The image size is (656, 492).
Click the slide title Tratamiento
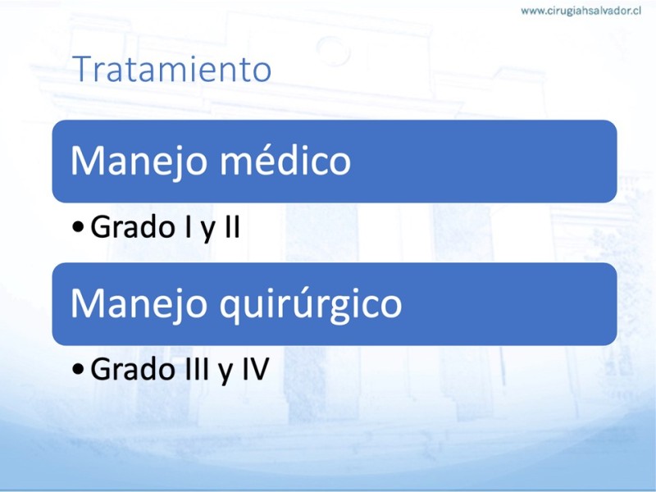172,69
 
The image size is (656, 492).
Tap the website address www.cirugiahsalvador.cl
581,11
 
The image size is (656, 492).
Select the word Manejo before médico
139,162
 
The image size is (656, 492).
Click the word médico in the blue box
285,160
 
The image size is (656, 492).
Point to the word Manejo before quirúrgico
139,304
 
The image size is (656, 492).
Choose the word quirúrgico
311,304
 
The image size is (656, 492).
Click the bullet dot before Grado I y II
78,227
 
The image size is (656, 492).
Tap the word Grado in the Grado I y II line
132,226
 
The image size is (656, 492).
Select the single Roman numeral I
186,226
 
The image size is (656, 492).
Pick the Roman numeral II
233,226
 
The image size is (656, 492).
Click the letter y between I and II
207,231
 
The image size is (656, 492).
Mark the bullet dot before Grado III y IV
78,370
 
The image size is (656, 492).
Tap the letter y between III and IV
225,373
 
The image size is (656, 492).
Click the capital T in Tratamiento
84,69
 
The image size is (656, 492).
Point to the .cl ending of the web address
635,11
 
